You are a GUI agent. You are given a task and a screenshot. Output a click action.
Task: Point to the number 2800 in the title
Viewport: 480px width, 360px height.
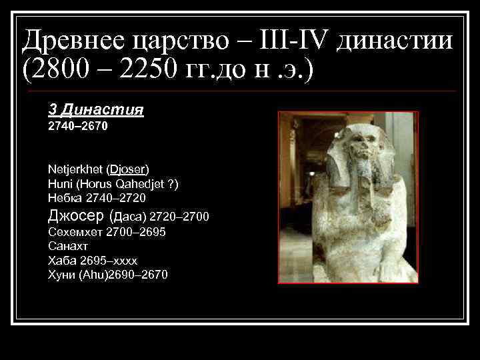[68, 69]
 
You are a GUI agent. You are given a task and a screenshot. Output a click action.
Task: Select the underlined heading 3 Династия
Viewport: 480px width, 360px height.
[96, 109]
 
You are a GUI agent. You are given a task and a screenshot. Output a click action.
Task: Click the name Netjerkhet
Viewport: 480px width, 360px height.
[75, 168]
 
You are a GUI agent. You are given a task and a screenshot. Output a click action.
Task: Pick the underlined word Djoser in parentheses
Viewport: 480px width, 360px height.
[128, 168]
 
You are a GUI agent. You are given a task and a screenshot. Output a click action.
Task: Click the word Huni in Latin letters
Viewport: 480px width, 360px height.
[59, 183]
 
